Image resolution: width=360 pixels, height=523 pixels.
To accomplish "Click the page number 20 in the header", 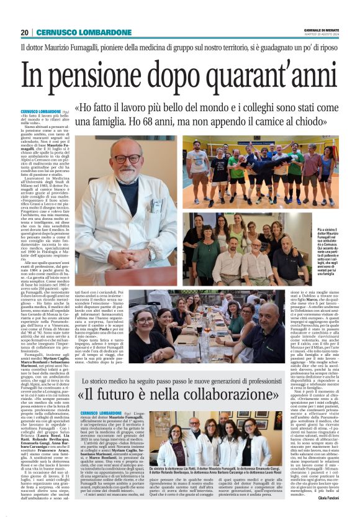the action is pyautogui.click(x=24, y=32).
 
